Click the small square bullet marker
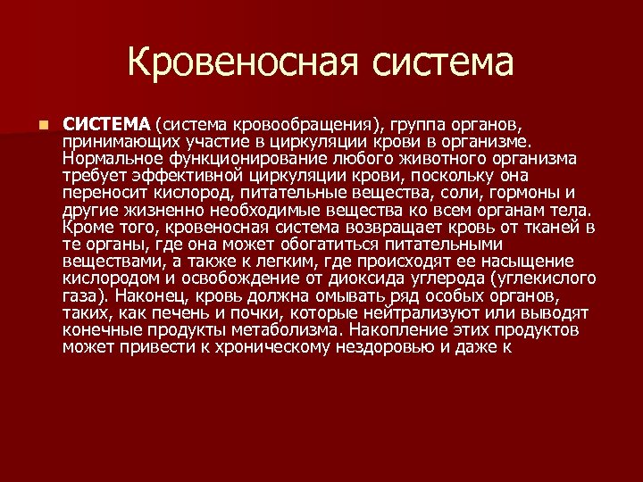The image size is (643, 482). (42, 122)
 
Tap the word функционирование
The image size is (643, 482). (244, 158)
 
